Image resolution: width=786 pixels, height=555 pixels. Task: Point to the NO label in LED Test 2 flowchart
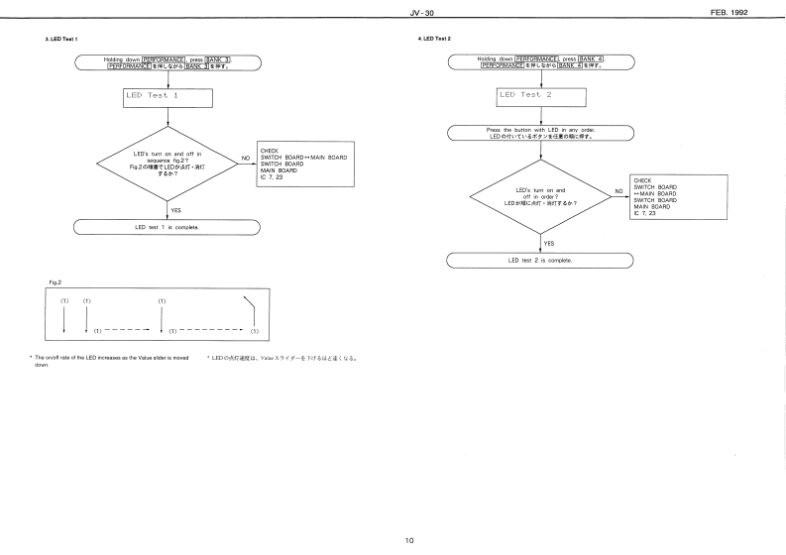click(x=619, y=190)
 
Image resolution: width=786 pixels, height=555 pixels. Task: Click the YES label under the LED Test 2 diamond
click(x=549, y=242)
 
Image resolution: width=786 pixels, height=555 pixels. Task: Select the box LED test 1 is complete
click(x=167, y=227)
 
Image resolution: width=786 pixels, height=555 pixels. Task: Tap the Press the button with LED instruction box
click(x=540, y=132)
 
